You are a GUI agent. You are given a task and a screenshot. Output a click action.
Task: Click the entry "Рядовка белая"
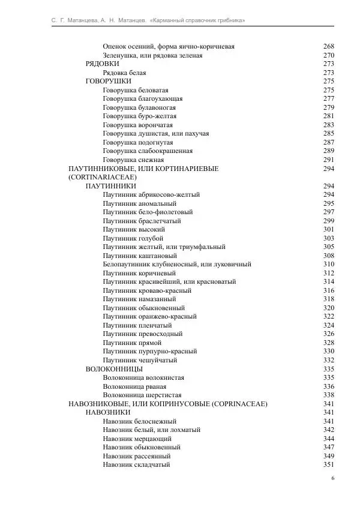pyautogui.click(x=124, y=73)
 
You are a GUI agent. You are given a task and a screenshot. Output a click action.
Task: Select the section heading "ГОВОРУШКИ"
pyautogui.click(x=109, y=81)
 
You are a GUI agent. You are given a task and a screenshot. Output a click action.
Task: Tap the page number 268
pyautogui.click(x=328, y=47)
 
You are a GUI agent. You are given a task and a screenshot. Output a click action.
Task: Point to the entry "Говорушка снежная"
pyautogui.click(x=133, y=160)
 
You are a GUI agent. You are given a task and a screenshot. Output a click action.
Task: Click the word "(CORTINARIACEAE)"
pyautogui.click(x=103, y=178)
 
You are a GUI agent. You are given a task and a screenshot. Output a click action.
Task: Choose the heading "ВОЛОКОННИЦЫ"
pyautogui.click(x=114, y=369)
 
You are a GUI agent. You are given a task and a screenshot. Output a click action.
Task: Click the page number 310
pyautogui.click(x=328, y=265)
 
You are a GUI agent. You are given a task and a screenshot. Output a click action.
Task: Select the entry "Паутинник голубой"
pyautogui.click(x=133, y=238)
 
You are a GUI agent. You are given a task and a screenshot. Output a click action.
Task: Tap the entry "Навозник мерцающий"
pyautogui.click(x=137, y=439)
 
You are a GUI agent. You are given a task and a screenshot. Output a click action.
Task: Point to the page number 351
pyautogui.click(x=328, y=465)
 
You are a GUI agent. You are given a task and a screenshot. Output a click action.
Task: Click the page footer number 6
pyautogui.click(x=332, y=479)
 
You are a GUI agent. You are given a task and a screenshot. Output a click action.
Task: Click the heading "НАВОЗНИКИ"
pyautogui.click(x=108, y=413)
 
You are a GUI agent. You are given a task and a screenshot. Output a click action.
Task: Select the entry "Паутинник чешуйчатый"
pyautogui.click(x=140, y=360)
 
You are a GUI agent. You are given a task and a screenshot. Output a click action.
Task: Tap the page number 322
pyautogui.click(x=328, y=317)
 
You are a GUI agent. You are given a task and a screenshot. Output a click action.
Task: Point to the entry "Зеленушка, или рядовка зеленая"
pyautogui.click(x=152, y=55)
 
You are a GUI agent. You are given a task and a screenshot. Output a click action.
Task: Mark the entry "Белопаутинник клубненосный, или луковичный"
pyautogui.click(x=176, y=265)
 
